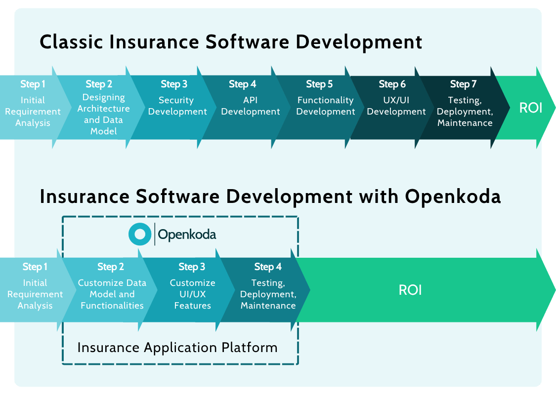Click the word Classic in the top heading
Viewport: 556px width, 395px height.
[72, 42]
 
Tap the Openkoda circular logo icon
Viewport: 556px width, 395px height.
[140, 234]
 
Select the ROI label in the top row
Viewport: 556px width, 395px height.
[530, 108]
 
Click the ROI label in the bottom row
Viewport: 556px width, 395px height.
[410, 290]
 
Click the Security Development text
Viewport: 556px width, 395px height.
[177, 106]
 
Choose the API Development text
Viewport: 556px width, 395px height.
[250, 106]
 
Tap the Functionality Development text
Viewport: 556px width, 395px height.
[325, 106]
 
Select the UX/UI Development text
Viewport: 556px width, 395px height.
[396, 106]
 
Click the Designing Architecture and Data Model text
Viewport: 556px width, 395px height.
[104, 114]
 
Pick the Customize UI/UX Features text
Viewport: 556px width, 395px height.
[192, 294]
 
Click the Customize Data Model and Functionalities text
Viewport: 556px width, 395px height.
[112, 294]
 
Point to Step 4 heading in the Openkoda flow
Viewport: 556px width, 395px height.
[268, 267]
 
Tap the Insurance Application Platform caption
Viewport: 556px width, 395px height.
[177, 347]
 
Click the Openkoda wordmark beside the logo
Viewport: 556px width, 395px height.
[187, 235]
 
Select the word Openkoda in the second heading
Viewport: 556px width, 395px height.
[453, 196]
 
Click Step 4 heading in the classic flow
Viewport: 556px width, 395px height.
[243, 84]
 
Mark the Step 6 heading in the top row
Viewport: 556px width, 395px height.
[392, 84]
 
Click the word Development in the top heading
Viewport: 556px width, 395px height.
[359, 42]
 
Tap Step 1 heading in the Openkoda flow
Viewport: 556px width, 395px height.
[35, 267]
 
